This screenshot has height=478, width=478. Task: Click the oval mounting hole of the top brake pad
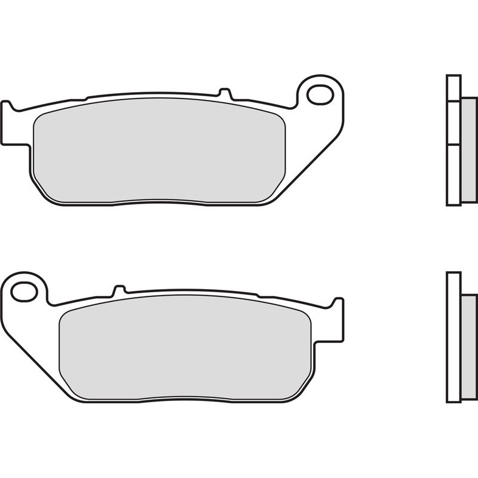pos(320,94)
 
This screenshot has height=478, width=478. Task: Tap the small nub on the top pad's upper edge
pos(225,93)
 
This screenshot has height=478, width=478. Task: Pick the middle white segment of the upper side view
pos(454,122)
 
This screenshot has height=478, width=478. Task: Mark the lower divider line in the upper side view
pos(454,144)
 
